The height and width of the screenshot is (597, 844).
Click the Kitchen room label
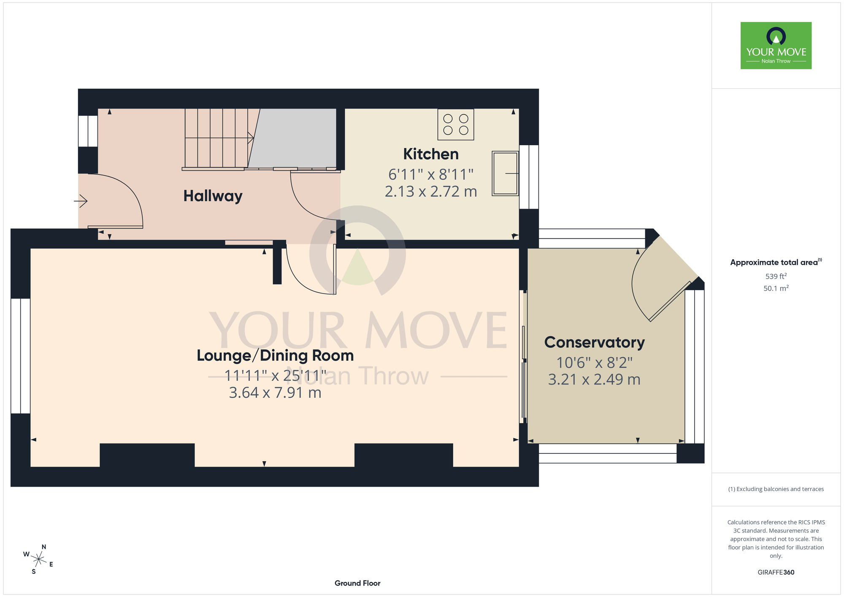431,154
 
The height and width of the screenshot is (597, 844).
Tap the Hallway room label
213,196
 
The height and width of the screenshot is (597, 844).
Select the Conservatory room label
594,342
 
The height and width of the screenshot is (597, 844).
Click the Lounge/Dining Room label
275,355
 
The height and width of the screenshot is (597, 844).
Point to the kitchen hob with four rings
456,125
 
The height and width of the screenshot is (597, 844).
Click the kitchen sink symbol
506,174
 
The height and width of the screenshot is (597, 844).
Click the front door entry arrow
81,201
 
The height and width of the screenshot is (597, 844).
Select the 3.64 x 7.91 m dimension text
275,393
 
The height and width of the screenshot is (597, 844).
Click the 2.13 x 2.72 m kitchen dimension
431,192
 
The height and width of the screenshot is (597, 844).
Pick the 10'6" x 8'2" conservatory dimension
594,363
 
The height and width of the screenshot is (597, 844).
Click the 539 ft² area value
776,276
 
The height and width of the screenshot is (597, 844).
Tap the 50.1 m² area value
776,288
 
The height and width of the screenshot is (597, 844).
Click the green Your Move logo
776,46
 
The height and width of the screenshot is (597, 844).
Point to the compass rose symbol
38,560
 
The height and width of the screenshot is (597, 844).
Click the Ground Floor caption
357,583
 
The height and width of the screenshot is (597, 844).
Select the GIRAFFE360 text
776,573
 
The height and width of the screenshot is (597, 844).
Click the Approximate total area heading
776,262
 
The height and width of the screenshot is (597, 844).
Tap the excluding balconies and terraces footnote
776,489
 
